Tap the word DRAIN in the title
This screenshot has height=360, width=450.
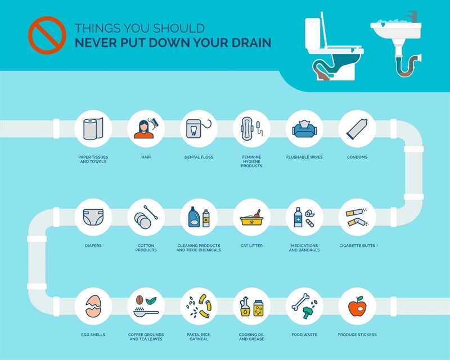click(251, 43)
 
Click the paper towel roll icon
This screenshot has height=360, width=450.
click(93, 129)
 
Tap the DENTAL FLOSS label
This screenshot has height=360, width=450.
click(199, 157)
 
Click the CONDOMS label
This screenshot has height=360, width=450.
click(357, 157)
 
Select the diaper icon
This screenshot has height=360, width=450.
click(93, 217)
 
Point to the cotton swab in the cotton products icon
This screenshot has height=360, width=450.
click(151, 213)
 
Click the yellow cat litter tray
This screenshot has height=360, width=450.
click(251, 220)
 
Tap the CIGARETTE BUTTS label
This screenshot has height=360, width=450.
click(357, 245)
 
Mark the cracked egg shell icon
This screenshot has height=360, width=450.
click(93, 306)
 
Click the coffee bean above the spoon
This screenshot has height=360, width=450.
click(139, 300)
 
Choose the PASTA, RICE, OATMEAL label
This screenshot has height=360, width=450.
click(199, 337)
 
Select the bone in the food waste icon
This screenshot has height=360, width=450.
click(300, 301)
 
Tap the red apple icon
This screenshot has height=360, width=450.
click(357, 307)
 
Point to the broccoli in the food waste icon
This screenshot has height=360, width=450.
click(308, 312)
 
